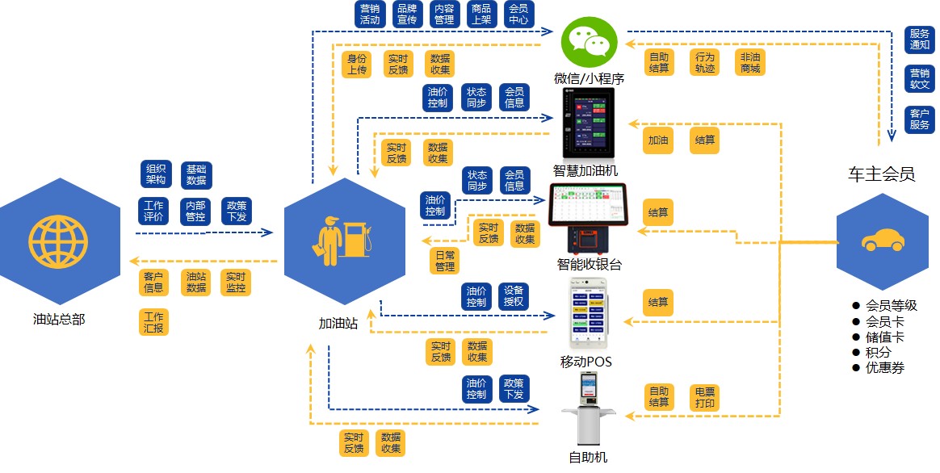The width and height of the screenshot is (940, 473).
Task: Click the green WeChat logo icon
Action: [589, 42]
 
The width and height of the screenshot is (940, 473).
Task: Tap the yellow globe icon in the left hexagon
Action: [58, 241]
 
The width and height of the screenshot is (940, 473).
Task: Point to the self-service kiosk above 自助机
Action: [588, 409]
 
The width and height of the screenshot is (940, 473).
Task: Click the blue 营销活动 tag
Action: [370, 14]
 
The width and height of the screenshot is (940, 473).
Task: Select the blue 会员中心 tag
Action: [518, 14]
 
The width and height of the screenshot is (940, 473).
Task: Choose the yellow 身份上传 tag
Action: [357, 65]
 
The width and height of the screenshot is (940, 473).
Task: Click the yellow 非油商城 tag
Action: [749, 63]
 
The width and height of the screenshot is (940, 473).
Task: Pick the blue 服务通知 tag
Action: [920, 40]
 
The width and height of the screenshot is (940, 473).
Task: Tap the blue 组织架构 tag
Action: [156, 174]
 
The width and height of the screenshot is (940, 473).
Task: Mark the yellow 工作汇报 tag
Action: [153, 322]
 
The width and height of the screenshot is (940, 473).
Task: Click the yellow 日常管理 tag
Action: [445, 261]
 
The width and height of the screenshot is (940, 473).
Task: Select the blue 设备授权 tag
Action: [514, 296]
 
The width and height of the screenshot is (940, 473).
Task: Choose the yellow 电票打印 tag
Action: [703, 397]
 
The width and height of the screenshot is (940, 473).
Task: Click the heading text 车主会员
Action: [881, 174]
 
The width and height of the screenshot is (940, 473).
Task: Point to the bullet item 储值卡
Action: [884, 337]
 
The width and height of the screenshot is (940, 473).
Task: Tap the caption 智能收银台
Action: [590, 264]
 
